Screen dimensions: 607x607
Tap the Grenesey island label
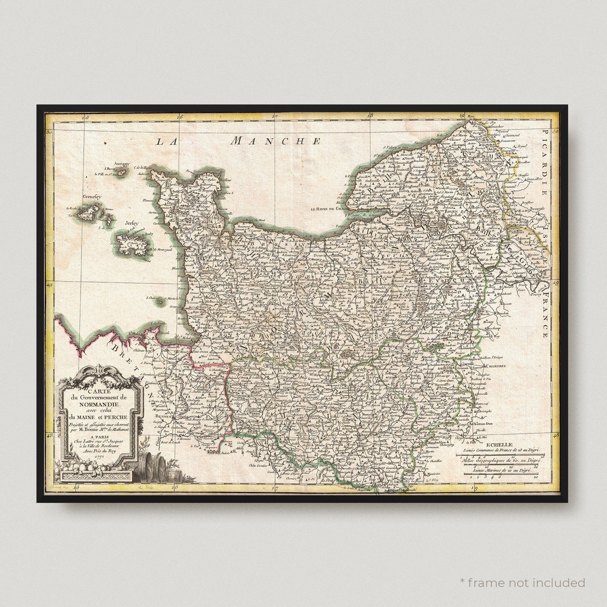(91, 197)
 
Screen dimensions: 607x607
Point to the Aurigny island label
(121, 164)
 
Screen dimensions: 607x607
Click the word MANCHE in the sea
(275, 141)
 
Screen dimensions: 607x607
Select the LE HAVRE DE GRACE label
(331, 209)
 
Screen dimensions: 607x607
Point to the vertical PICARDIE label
(545, 162)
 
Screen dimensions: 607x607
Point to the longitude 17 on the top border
(274, 117)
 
